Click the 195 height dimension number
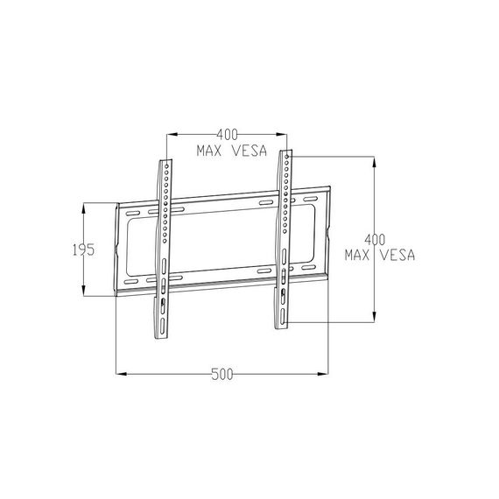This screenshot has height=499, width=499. [84, 249]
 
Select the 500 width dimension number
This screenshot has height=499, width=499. [222, 375]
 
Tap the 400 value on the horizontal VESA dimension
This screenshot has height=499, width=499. [228, 135]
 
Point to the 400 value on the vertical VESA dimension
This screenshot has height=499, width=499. [375, 240]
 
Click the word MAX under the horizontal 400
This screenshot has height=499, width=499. [209, 151]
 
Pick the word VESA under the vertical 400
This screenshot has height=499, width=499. [398, 256]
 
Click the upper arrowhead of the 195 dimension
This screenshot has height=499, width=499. [84, 208]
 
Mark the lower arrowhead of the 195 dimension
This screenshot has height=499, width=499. [84, 291]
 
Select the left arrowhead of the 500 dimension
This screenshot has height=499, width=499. [122, 374]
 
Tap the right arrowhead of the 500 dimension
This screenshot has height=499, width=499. [323, 374]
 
